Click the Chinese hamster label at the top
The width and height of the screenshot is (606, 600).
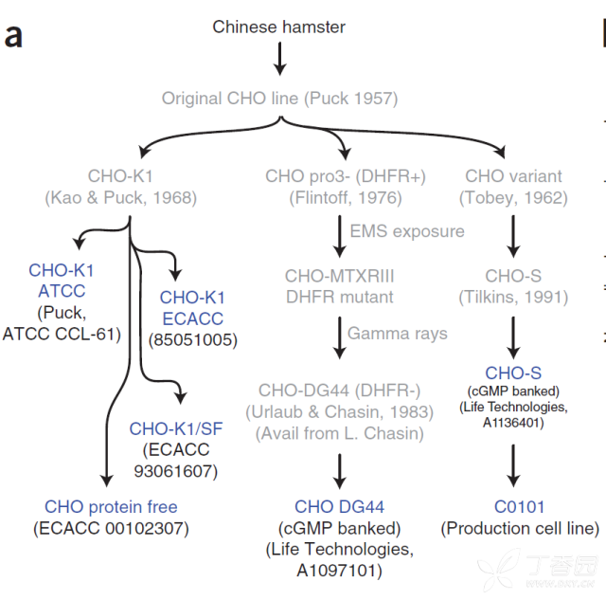278,27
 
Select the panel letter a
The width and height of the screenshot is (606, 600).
13,36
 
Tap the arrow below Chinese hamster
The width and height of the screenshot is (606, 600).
280,59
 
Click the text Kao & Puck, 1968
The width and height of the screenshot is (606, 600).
121,198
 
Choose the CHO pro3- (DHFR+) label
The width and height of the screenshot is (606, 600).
346,176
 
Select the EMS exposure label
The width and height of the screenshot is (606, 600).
407,231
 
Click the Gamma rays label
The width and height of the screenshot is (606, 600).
398,334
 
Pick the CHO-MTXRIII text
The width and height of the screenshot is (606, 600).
339,276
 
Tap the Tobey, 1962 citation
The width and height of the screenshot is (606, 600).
513,198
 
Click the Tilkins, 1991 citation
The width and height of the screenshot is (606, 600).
513,297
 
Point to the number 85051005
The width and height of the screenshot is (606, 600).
193,340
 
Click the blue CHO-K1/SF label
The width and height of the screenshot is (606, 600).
176,428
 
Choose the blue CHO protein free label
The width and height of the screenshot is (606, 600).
111,507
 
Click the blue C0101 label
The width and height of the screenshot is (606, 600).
520,507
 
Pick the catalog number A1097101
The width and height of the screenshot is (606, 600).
337,571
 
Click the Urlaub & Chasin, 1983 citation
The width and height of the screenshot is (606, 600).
339,412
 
